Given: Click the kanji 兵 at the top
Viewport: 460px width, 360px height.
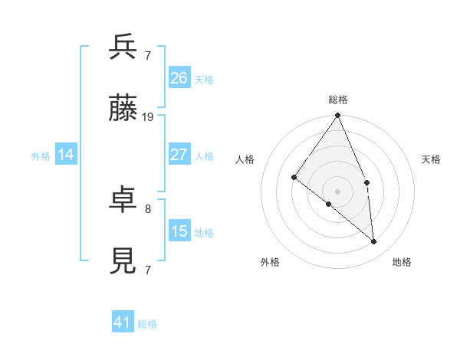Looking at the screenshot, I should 123,47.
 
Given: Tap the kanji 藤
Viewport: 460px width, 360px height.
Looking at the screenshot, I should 123,110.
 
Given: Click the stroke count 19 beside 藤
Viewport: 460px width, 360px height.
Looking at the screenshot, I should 148,117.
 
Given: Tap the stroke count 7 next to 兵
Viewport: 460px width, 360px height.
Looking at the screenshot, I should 148,55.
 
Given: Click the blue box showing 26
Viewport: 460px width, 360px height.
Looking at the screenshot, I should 179,77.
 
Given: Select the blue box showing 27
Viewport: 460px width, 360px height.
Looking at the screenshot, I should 179,155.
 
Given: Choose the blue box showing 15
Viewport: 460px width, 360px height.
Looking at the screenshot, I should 179,231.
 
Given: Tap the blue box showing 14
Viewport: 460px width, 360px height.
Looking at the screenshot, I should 66,155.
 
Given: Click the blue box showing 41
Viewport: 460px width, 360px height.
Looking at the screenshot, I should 123,323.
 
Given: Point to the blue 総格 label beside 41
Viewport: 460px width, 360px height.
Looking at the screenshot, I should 147,324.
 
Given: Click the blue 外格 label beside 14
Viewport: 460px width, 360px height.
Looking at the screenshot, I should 41,156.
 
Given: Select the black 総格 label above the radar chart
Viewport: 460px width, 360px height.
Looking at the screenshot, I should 338,100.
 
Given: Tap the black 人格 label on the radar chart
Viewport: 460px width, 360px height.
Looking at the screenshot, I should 245,159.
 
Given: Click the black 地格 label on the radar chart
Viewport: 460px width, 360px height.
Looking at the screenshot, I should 402,262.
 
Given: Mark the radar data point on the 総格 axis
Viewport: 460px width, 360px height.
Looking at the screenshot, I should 338,116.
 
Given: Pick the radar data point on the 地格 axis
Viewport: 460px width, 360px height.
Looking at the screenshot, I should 374,241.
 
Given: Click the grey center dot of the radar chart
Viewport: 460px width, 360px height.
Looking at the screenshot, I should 338,191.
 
